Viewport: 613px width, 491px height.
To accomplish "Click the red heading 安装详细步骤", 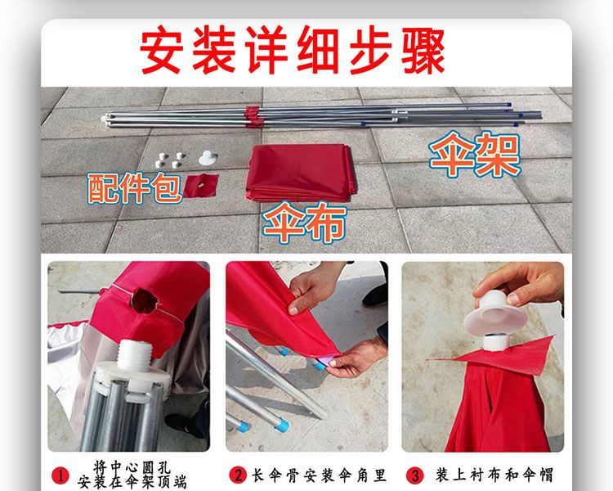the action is coord(293,50).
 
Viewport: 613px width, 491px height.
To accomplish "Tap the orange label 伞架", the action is coord(475,155).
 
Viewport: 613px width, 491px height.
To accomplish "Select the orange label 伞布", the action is coord(305,223).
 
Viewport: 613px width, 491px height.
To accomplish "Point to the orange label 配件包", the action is coord(135,188).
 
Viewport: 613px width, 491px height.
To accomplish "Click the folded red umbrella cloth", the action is coord(300,173).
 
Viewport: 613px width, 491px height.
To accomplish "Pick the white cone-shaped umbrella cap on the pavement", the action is coord(208,157).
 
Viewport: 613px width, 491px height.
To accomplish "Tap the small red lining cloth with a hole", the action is coord(200,186).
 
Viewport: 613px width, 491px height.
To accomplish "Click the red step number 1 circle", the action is coord(60,475).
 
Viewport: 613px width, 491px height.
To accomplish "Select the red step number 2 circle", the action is coord(237,475).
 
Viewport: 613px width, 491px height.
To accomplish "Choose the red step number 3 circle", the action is coord(414,475).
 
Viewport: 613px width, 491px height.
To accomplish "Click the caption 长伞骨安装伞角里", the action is coord(319,475).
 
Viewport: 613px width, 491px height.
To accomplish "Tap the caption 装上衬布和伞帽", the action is coord(494,475).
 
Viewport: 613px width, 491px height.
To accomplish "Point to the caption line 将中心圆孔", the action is coord(132,466).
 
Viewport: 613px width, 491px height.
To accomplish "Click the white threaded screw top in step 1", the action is coord(134,354).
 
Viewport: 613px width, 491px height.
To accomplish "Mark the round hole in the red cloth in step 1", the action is coord(144,301).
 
